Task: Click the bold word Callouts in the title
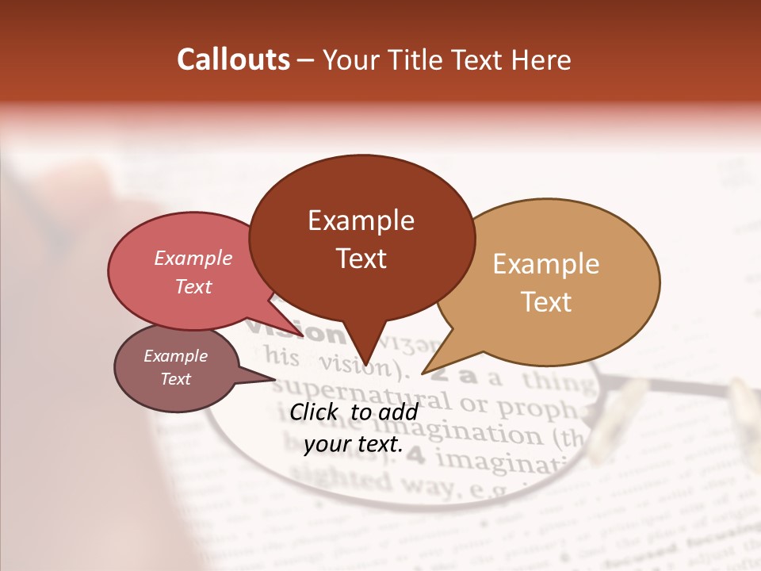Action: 233,59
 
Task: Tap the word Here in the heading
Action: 541,60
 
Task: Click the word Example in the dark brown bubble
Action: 361,220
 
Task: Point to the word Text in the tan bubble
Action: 546,302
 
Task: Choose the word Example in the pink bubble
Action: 193,259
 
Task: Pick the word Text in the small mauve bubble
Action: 175,379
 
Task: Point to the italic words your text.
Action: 354,444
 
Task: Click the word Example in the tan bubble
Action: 546,264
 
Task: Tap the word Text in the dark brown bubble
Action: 361,259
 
